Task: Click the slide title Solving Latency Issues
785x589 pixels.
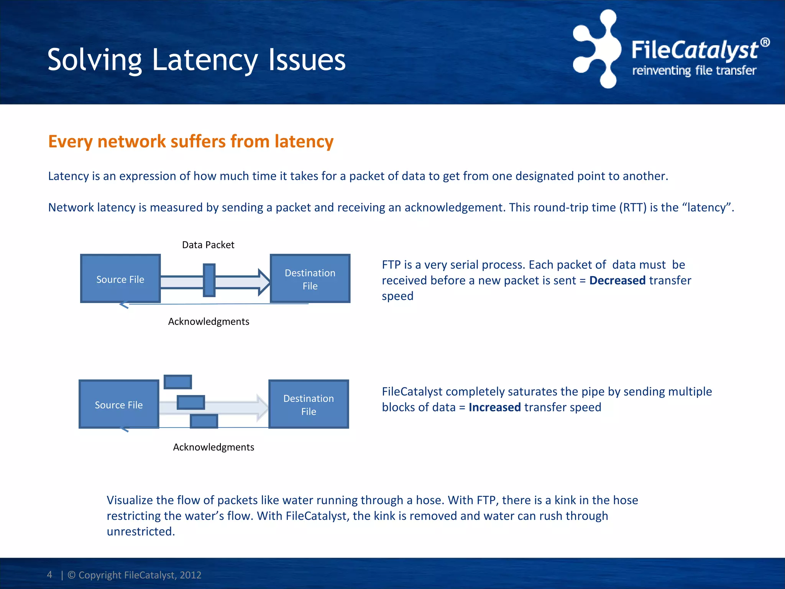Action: click(196, 60)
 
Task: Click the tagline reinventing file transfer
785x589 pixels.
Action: click(694, 71)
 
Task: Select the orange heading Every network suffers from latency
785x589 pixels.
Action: click(191, 141)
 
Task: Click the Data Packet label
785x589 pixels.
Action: click(208, 245)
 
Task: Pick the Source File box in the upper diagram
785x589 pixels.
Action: click(120, 279)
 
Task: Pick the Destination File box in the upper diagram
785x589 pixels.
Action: click(310, 279)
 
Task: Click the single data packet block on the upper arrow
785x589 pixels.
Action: click(209, 280)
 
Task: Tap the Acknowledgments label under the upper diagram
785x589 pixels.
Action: click(209, 322)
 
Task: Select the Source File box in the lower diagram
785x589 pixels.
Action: click(118, 405)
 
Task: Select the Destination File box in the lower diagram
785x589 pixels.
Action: click(308, 405)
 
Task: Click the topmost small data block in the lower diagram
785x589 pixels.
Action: click(177, 382)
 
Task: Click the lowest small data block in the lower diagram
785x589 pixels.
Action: click(204, 421)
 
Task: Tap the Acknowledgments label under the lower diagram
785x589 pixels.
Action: click(213, 448)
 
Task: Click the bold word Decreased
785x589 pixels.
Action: click(617, 281)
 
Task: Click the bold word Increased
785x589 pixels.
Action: click(494, 408)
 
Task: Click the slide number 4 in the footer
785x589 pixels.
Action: click(49, 575)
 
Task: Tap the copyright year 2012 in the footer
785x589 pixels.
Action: click(191, 575)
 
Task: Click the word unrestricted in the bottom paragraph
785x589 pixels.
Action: click(140, 532)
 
